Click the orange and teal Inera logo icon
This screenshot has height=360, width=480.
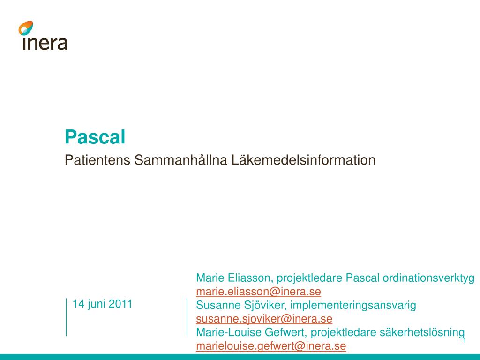point(26,28)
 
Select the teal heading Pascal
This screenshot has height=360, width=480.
point(95,137)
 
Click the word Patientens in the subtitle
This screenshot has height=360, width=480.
point(97,160)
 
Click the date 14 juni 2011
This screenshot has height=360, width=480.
point(102,304)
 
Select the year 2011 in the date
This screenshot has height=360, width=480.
point(120,304)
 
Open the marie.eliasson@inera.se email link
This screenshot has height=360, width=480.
point(258,292)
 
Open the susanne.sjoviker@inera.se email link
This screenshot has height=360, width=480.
point(264,319)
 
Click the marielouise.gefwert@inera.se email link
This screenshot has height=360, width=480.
point(271,346)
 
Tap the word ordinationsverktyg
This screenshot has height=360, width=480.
point(428,278)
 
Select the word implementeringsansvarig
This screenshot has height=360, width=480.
point(353,306)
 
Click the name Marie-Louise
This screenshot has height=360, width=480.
point(223,333)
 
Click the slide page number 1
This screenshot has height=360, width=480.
point(464,341)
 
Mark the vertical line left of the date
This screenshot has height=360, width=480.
point(66,317)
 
